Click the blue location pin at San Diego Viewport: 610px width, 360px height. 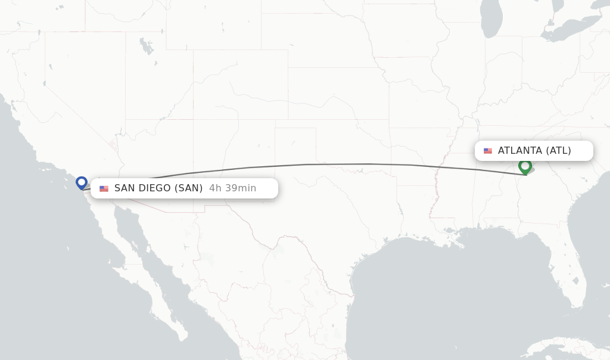(x=82, y=182)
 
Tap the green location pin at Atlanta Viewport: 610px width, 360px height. (x=525, y=166)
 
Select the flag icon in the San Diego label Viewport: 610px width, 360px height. (x=104, y=188)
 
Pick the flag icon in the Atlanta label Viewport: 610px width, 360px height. (x=488, y=151)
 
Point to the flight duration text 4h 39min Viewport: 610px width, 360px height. (x=232, y=188)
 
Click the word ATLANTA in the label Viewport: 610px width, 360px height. (x=519, y=151)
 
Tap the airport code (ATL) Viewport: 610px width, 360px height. (x=558, y=151)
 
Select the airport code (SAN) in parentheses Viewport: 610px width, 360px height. (x=189, y=188)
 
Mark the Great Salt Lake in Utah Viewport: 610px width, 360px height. (x=145, y=46)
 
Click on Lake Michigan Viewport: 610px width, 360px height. (x=492, y=21)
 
